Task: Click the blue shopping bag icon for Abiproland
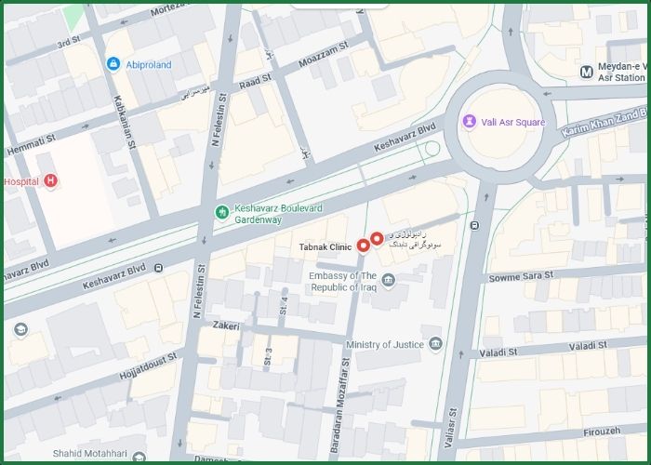tap(113, 63)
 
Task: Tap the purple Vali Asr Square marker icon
tap(471, 122)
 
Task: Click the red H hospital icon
tap(51, 180)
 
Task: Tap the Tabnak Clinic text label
tap(325, 247)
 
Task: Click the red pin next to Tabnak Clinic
tap(363, 246)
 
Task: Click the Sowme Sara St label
tap(521, 276)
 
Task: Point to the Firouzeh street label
tap(602, 432)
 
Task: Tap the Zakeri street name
tap(226, 325)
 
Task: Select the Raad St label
tap(254, 82)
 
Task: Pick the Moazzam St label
tap(323, 54)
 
